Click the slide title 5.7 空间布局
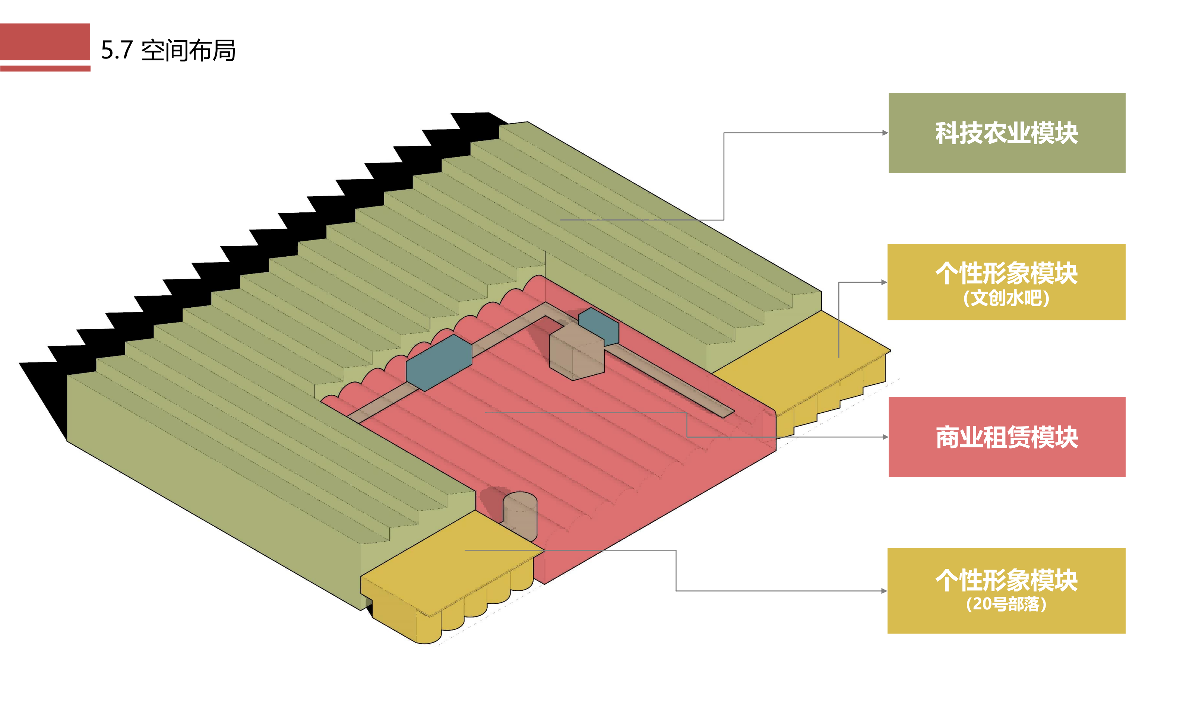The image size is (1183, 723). point(168,50)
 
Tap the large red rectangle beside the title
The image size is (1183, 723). point(45,41)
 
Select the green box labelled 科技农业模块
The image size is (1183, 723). point(1006,133)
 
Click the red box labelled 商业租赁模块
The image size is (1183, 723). point(1006,437)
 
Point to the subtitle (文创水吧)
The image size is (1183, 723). point(1006,298)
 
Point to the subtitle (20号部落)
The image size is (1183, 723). point(1006,604)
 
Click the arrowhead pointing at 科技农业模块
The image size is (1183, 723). point(885,133)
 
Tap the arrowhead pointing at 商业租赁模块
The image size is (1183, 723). point(885,437)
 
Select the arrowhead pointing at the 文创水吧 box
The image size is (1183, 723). point(883,282)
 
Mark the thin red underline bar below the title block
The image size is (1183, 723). point(45,69)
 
